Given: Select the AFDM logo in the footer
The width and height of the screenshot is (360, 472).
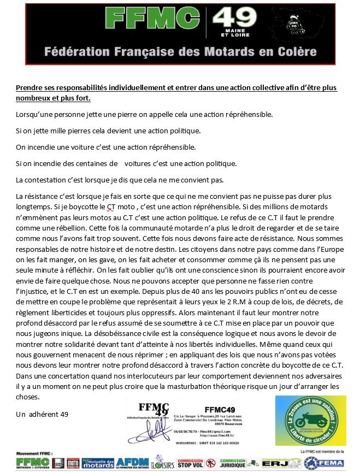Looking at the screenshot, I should click(129, 462).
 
